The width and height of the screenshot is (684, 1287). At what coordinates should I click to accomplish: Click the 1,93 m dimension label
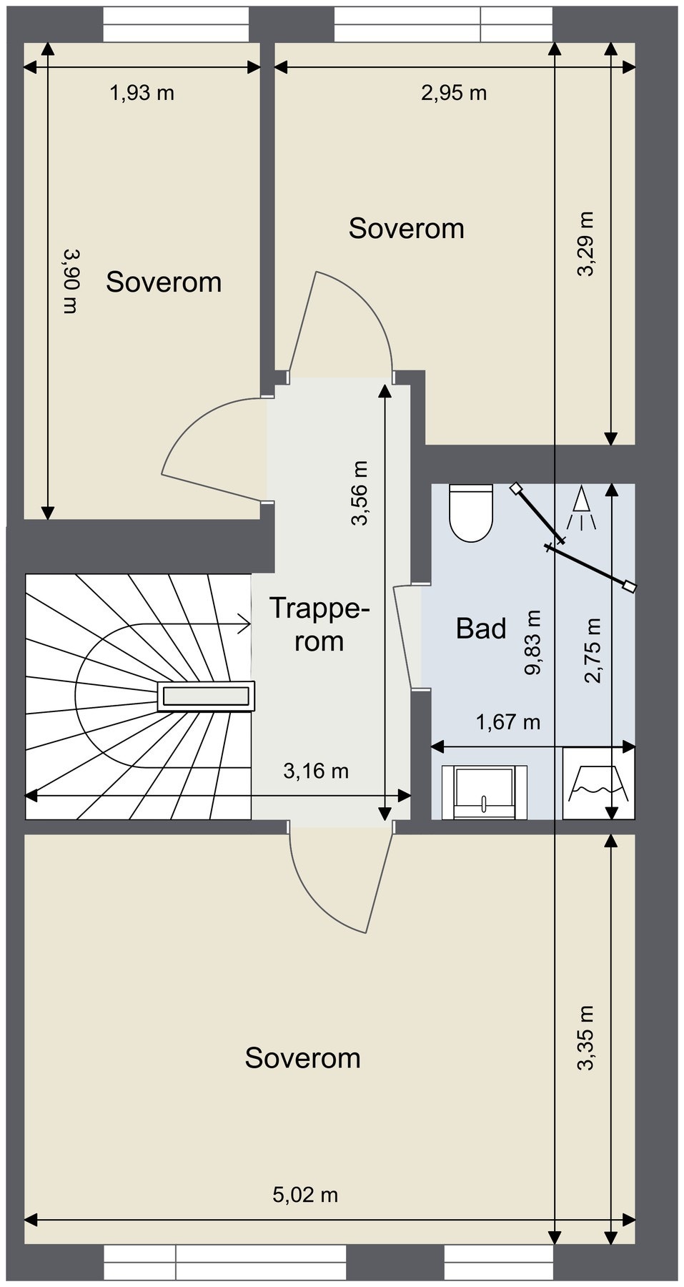142,93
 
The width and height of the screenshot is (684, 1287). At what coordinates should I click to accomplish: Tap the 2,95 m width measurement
454,93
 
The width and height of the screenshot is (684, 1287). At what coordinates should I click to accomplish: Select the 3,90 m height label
70,281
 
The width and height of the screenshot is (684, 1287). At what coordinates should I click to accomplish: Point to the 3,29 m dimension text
585,244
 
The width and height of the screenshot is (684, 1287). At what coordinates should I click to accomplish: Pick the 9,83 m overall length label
533,643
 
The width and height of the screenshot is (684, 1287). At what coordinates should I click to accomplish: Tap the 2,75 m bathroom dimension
593,650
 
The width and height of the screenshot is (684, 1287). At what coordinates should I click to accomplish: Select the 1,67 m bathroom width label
508,722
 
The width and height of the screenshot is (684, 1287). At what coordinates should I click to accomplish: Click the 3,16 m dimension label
316,771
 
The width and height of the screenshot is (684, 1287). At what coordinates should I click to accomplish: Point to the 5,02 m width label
305,1194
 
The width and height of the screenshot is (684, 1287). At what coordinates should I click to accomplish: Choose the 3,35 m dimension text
585,1038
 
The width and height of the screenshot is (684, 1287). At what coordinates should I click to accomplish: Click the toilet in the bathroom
471,513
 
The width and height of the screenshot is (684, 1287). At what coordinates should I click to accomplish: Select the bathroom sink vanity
485,792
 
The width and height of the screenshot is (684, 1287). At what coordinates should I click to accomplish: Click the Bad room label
481,629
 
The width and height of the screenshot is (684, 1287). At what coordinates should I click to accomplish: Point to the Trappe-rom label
319,625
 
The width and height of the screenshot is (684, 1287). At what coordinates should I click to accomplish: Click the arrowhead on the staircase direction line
244,623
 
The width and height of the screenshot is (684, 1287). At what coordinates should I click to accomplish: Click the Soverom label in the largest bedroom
302,1058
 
